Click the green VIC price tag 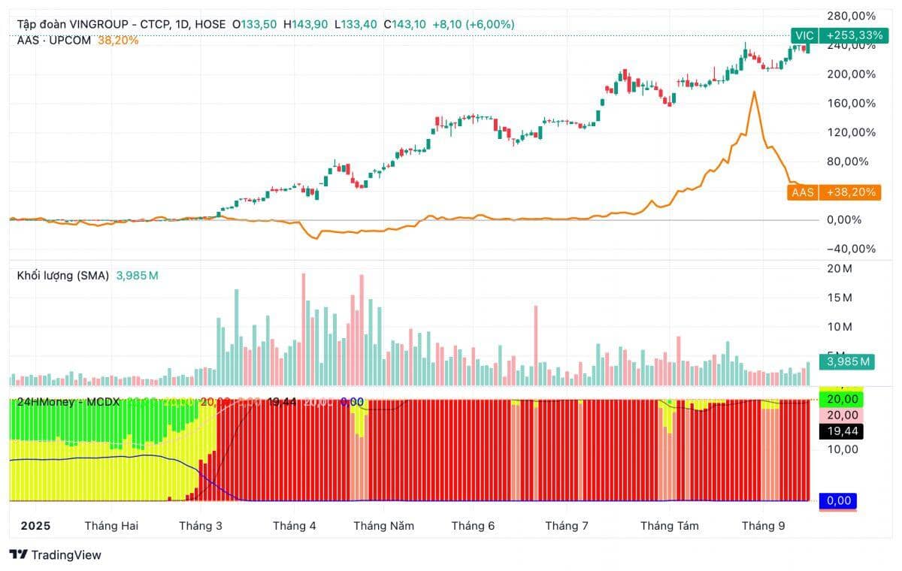tap(804, 35)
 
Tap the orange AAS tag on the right tap(802, 192)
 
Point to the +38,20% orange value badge tap(850, 192)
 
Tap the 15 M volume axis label tap(839, 298)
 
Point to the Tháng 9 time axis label tap(762, 526)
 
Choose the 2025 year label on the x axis tap(35, 526)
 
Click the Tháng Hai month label tap(111, 526)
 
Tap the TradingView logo tap(56, 555)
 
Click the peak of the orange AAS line tap(753, 92)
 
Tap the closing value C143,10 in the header tap(404, 24)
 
